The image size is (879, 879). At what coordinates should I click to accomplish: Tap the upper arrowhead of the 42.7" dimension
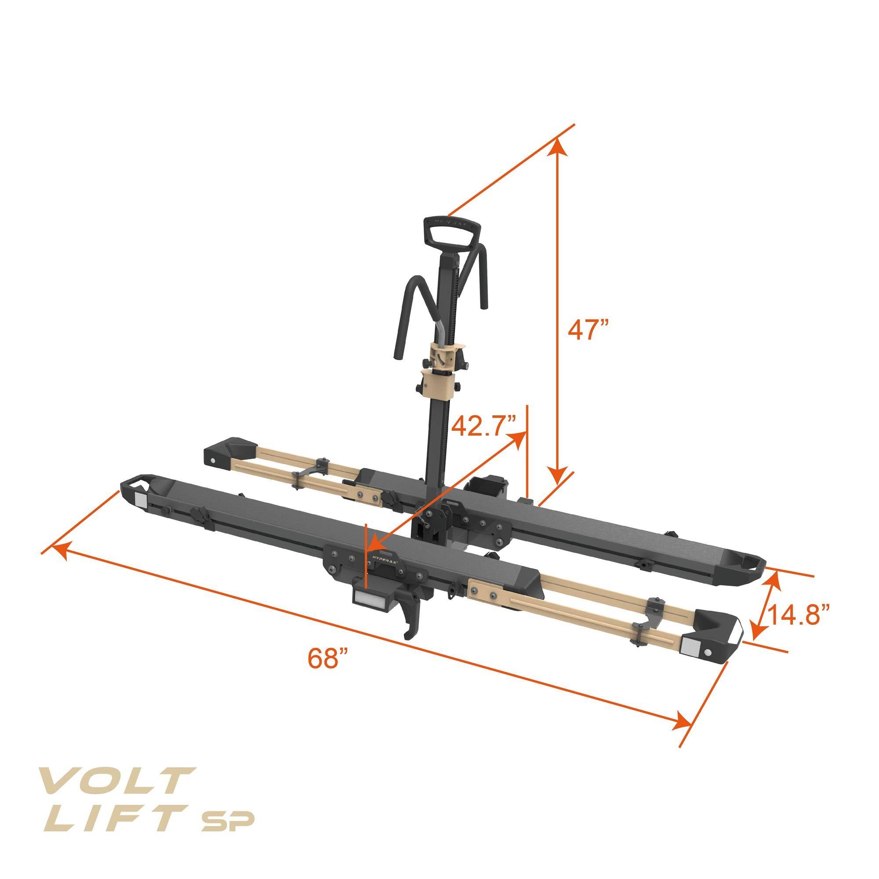coord(517,439)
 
